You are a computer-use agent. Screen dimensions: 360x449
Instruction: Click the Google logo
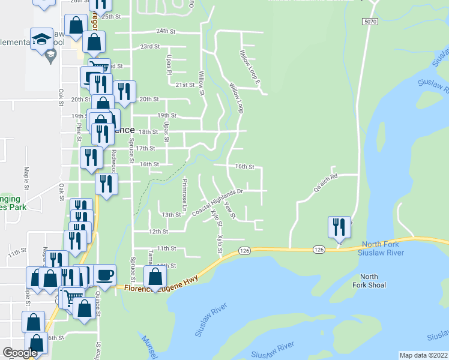(x=20, y=353)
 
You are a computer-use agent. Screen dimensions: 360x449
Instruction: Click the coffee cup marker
(x=104, y=275)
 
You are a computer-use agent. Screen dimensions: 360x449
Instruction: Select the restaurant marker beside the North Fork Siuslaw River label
(x=340, y=228)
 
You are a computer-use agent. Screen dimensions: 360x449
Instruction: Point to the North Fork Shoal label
(x=369, y=281)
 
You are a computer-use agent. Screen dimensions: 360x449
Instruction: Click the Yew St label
(x=228, y=210)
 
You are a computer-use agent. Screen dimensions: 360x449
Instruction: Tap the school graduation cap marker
(x=42, y=39)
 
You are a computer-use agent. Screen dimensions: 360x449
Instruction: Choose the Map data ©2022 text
(x=423, y=355)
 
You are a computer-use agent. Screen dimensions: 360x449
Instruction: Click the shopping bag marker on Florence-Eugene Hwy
(x=155, y=277)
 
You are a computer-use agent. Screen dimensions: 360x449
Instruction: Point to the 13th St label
(x=171, y=214)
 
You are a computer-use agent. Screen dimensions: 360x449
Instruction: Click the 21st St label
(x=185, y=85)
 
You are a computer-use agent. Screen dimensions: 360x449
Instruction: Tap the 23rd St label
(x=149, y=46)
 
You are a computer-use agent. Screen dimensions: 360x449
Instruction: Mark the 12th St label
(x=158, y=231)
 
